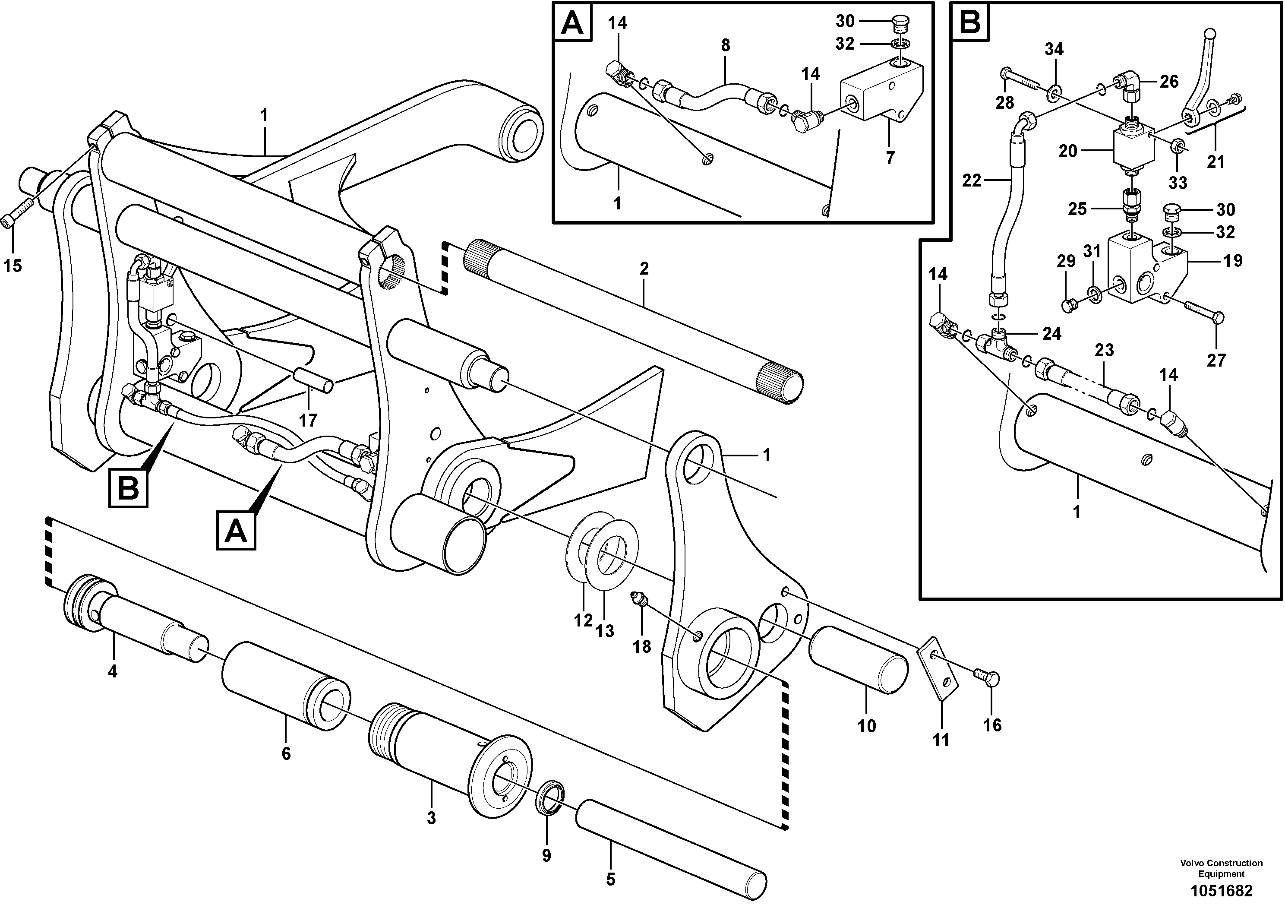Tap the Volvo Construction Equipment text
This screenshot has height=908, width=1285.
(1221, 868)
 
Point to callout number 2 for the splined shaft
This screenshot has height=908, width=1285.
(644, 269)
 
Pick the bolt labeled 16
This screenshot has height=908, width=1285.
(988, 679)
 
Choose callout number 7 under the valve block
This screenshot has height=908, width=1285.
(890, 157)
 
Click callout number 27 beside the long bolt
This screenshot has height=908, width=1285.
(1216, 359)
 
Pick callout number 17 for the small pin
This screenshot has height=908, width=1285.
(308, 420)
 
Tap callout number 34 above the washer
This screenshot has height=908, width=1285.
(1054, 49)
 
